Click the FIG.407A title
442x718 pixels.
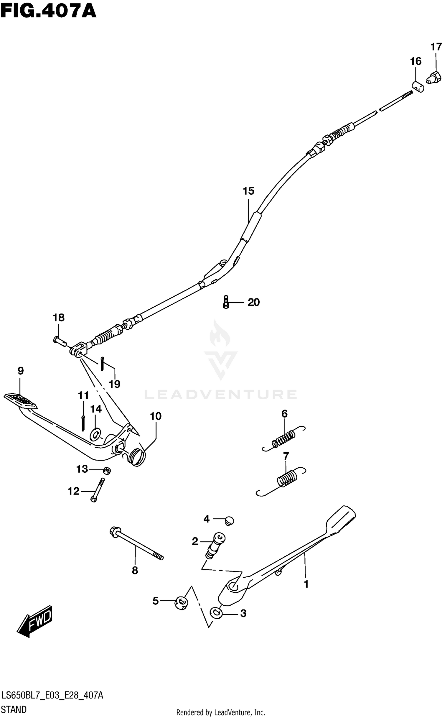[48, 12]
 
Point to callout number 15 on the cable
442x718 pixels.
[248, 191]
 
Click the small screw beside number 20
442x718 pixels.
[226, 302]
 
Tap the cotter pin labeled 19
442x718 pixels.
[102, 364]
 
